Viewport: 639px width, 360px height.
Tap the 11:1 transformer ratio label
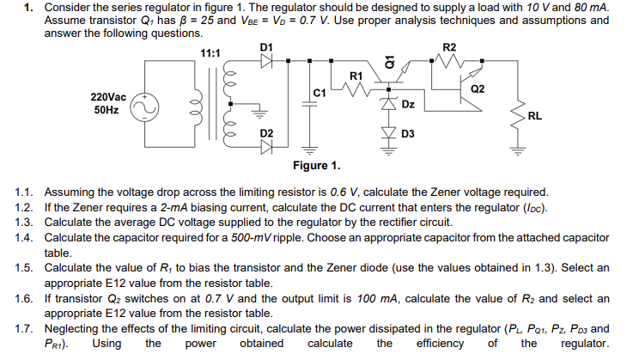(210, 53)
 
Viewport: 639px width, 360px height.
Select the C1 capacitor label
(319, 92)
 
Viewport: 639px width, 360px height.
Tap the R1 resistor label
(357, 76)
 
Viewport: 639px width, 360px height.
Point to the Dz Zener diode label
(410, 104)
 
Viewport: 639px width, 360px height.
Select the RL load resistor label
(534, 115)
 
